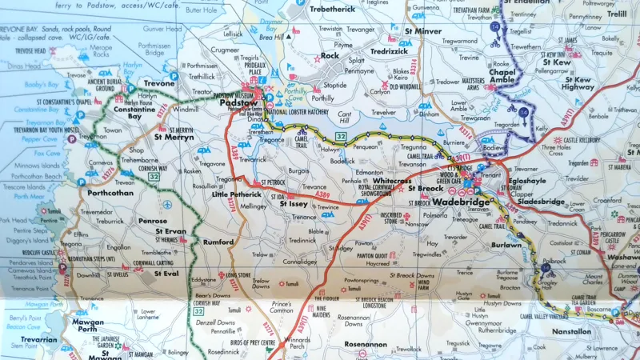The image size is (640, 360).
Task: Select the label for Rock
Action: (330, 56)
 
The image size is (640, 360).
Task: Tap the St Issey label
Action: (294, 204)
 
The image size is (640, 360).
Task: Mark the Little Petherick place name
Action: (236, 194)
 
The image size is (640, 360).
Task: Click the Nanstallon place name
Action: (571, 330)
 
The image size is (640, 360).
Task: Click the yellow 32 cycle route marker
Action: (341, 138)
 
